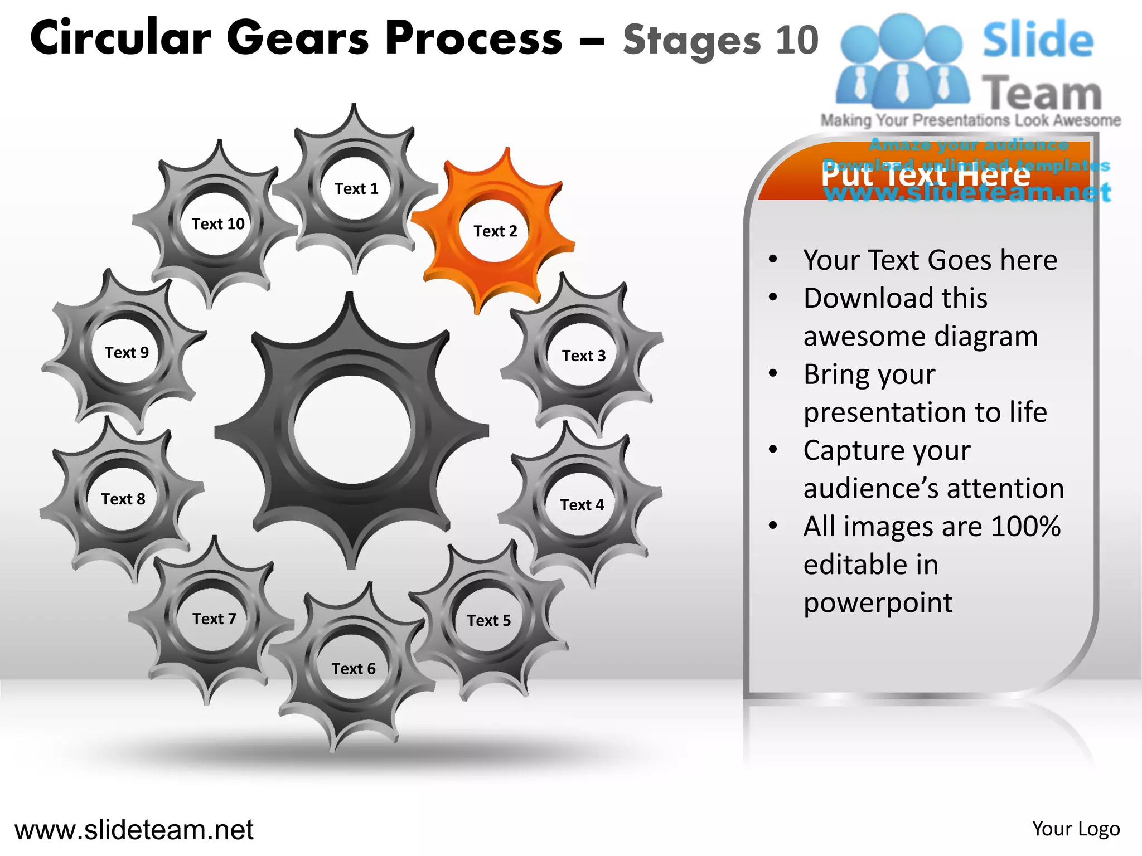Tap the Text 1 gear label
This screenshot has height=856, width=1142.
pos(356,189)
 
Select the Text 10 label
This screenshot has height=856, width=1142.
pos(218,224)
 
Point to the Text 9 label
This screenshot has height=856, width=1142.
pos(127,353)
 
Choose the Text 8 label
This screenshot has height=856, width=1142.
pos(123,499)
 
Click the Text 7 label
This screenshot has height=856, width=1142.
pos(214,619)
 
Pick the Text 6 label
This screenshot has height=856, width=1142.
pos(354,669)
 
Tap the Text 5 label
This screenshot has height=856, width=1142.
pos(488,621)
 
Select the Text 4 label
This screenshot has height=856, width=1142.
pos(582,505)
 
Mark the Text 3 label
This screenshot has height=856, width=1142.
pos(583,356)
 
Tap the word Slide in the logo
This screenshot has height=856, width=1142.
pos(1038,40)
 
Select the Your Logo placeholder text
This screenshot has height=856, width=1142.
pos(1076,829)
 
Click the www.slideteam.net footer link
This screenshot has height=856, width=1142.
pos(134,830)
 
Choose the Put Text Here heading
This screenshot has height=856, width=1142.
pos(926,175)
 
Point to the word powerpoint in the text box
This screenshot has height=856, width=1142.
pos(878,603)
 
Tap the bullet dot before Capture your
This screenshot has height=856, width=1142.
pos(773,449)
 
